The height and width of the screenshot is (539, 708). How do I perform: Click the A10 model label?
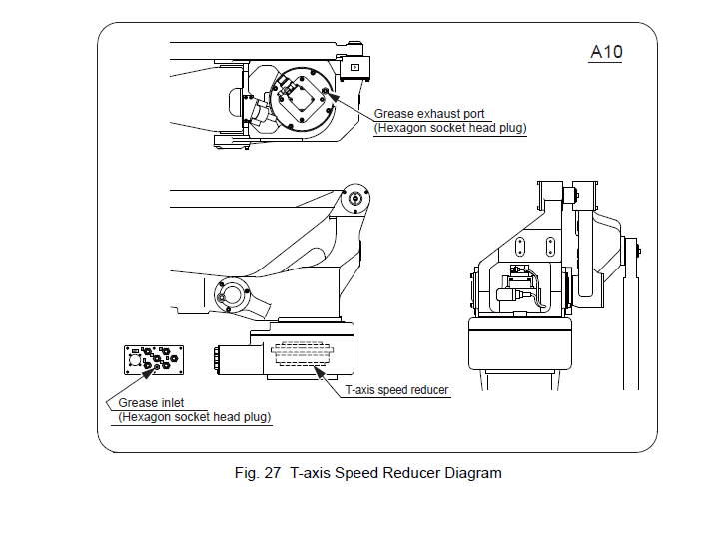606,52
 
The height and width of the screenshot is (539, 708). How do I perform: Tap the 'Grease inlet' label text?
151,402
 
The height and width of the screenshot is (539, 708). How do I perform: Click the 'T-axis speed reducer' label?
396,389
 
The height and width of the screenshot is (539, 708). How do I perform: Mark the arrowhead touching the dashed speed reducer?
319,372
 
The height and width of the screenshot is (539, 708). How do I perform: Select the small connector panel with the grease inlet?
154,360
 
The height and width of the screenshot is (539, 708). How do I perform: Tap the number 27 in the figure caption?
273,473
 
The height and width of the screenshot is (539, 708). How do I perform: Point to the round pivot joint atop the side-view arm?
354,198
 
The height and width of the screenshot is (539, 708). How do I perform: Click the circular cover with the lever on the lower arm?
232,295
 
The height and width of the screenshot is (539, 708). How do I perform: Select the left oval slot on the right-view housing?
519,247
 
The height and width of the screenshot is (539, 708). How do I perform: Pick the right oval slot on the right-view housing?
550,247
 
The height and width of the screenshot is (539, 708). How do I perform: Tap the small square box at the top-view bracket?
354,67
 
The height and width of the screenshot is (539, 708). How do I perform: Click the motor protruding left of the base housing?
240,359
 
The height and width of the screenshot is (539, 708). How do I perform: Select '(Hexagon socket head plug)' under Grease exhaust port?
450,128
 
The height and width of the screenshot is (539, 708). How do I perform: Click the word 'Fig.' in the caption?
245,473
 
